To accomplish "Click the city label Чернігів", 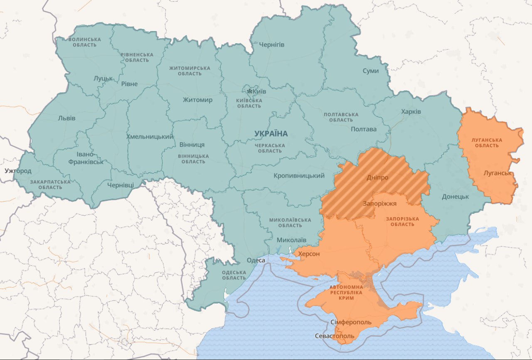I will click(x=271, y=44).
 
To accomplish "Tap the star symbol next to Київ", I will click(x=249, y=91).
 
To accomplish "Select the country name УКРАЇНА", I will click(x=271, y=133).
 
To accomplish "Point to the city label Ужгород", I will click(x=18, y=171).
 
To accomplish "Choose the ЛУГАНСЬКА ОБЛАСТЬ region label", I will click(x=487, y=143).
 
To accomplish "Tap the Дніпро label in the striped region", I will click(x=377, y=178).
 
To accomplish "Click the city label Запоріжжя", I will click(x=379, y=204).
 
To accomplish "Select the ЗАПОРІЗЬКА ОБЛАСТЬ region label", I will click(x=402, y=221).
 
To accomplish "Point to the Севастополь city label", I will click(x=335, y=336).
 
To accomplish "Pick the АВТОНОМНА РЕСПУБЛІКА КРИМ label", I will click(x=346, y=293).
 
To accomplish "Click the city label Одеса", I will click(x=256, y=260).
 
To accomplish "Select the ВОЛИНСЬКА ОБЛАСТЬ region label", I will click(x=84, y=42).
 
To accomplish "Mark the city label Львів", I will click(x=67, y=118).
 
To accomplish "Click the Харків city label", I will click(x=411, y=111).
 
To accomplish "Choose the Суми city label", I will click(x=370, y=71).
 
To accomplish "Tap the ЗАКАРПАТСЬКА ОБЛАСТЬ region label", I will click(x=50, y=184).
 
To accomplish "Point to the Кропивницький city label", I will click(x=299, y=176).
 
